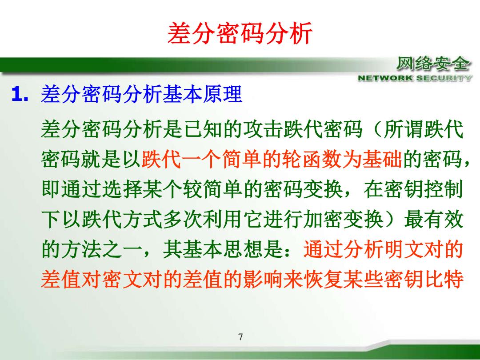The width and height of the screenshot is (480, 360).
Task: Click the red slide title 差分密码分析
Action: click(240, 33)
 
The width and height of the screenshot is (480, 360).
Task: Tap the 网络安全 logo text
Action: click(433, 64)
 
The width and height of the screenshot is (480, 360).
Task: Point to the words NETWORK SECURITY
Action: click(415, 78)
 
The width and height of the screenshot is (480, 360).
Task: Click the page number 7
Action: click(240, 337)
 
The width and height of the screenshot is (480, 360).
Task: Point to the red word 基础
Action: click(382, 160)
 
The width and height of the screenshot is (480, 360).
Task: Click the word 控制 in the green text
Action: click(444, 189)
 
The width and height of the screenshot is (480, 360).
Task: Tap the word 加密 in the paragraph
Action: click(323, 220)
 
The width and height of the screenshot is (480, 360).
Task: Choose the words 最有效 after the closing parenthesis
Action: click(434, 220)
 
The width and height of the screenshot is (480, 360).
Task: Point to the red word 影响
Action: click(263, 280)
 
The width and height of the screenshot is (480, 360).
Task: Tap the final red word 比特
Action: click(444, 280)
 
